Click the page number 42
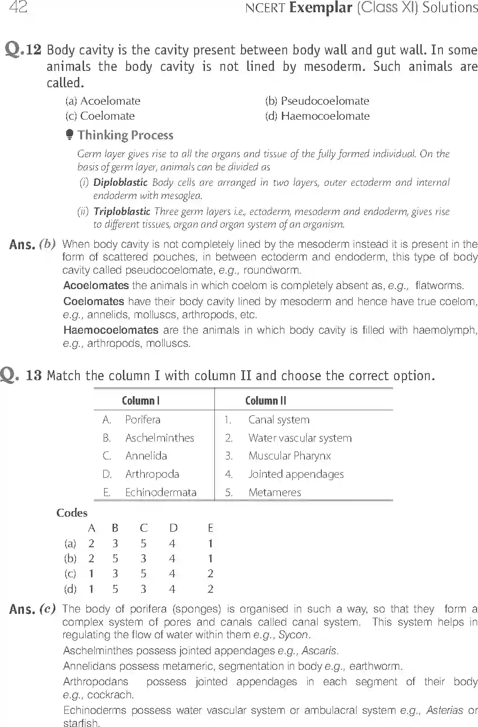[x=18, y=8]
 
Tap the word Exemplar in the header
[x=320, y=8]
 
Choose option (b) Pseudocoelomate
[x=317, y=101]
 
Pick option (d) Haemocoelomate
[x=317, y=116]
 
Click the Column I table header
[x=141, y=400]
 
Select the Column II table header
[x=266, y=400]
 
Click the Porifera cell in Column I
[x=143, y=420]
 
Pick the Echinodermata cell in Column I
[x=160, y=492]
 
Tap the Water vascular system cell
[x=300, y=438]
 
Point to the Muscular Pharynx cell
[x=289, y=456]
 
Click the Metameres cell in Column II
[x=274, y=492]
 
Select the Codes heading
[x=72, y=513]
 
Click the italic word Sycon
[x=293, y=635]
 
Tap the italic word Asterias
[x=444, y=711]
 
